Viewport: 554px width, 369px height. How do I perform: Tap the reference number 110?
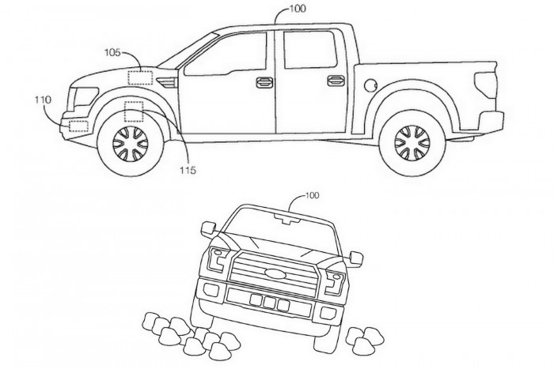tap(42, 100)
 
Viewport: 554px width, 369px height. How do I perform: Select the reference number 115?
tap(187, 169)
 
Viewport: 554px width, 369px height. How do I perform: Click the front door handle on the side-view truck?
tap(264, 81)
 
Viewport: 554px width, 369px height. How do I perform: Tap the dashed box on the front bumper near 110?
tap(78, 125)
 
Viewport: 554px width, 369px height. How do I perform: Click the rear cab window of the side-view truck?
tap(309, 50)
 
